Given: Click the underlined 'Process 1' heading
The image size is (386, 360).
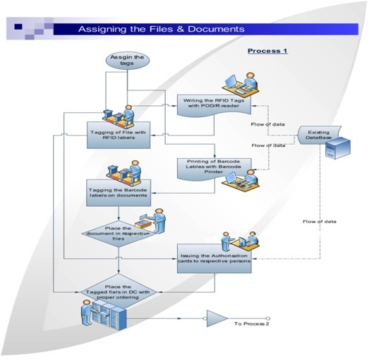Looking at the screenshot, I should (x=267, y=52).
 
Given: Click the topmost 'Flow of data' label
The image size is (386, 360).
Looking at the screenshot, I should (x=267, y=125).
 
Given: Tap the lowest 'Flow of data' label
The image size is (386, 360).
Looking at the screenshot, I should (x=319, y=222).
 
